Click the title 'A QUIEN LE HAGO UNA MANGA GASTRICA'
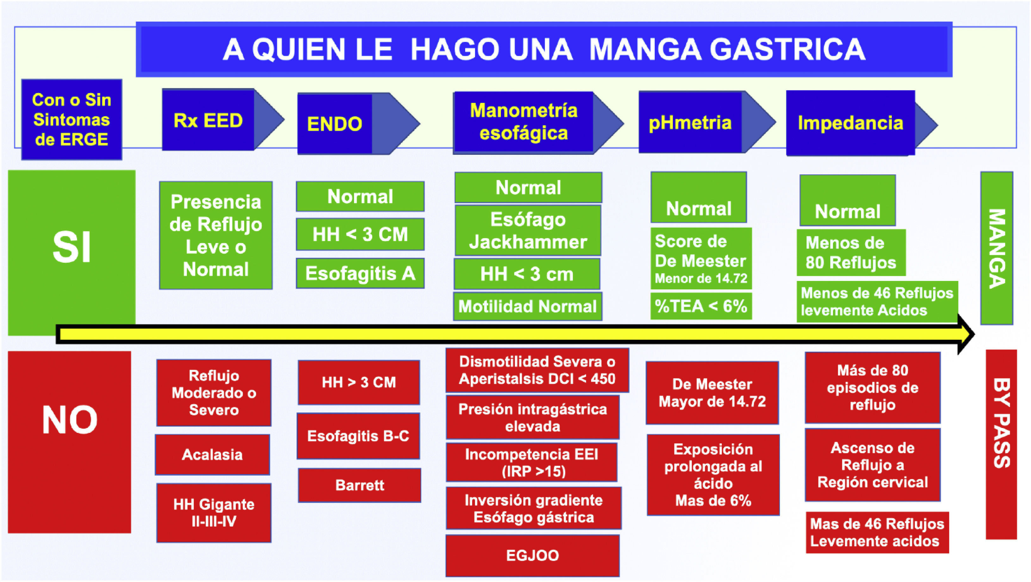click(x=544, y=49)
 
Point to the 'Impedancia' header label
click(x=851, y=123)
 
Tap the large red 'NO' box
click(x=69, y=442)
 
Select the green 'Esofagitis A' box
click(x=360, y=273)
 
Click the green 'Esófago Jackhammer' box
click(x=528, y=230)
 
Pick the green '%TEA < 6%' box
click(x=701, y=306)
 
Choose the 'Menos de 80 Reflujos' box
click(x=851, y=253)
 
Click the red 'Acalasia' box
click(x=212, y=455)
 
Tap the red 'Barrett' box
click(x=359, y=485)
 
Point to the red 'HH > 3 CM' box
click(x=359, y=382)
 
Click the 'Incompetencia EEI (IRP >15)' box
click(x=532, y=462)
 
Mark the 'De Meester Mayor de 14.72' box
click(x=712, y=393)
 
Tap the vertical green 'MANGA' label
click(x=997, y=248)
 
